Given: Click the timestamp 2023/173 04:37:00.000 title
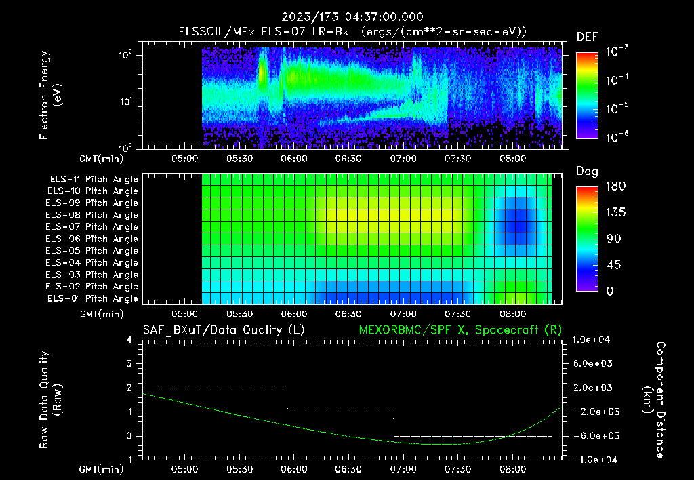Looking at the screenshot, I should tap(346, 17).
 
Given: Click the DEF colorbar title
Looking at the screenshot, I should tap(587, 37).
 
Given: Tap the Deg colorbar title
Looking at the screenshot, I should tap(587, 172).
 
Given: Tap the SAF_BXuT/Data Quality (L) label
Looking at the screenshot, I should tap(223, 329).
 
